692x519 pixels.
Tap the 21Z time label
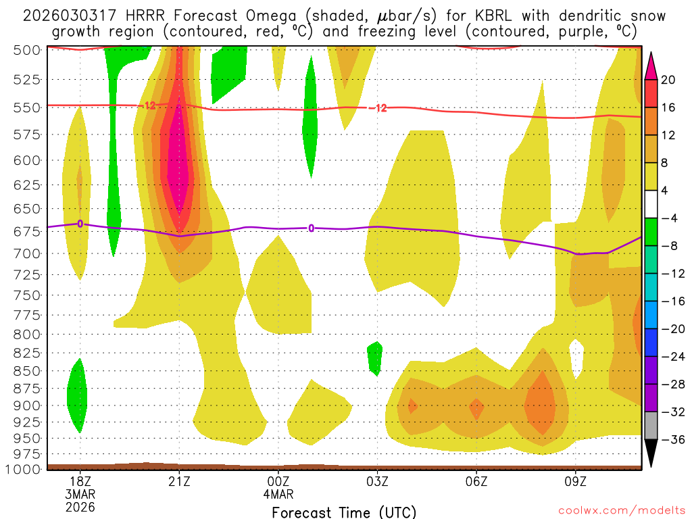point(179,481)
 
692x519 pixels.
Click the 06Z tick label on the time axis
point(476,481)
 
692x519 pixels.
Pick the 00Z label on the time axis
point(278,481)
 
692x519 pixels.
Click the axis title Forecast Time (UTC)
point(344,512)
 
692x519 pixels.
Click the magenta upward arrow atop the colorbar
point(651,65)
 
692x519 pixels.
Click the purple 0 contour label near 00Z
point(311,228)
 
